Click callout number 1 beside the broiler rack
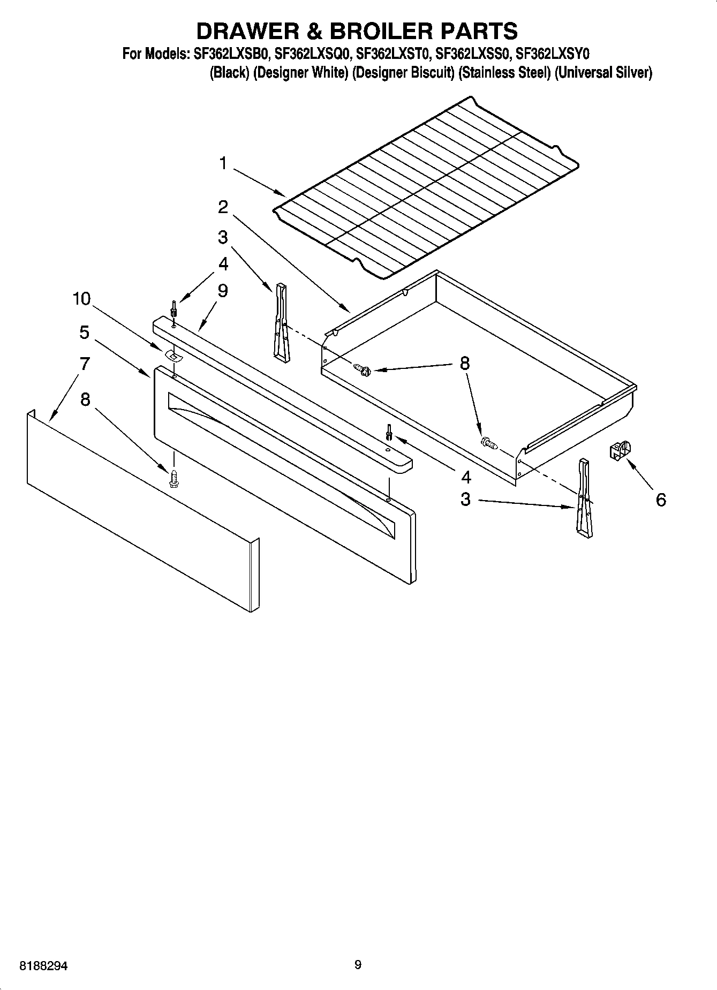223,163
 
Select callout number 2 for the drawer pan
223,207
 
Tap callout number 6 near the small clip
661,500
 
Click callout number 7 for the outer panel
85,364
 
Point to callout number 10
82,299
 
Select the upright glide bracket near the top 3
281,320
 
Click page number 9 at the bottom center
358,965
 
